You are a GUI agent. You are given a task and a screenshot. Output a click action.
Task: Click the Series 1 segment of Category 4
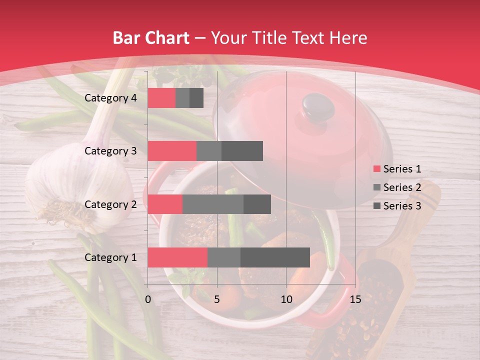tap(161, 98)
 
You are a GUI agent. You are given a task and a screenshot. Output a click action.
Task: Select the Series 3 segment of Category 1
tap(275, 257)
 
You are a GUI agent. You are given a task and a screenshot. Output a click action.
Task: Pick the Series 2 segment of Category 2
tap(213, 204)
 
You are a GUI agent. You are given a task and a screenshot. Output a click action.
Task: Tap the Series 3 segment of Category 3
tap(242, 151)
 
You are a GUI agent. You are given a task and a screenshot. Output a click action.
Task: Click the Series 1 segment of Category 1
tap(177, 257)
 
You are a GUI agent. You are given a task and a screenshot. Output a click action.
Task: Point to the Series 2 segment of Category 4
tap(182, 98)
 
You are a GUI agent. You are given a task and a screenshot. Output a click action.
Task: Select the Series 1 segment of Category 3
tap(172, 151)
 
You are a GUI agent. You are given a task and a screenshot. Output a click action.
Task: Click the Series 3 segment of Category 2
tap(257, 204)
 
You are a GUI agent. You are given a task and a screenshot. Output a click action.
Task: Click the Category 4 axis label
tap(110, 98)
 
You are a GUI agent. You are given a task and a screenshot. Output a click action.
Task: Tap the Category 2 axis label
tap(110, 204)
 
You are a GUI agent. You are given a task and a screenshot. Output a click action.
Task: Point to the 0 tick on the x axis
tap(148, 299)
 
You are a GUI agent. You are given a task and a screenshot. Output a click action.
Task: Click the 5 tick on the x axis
tap(217, 299)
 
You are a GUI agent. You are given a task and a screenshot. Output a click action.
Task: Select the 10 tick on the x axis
tap(286, 299)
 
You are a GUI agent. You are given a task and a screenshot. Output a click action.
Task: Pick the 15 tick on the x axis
tap(355, 299)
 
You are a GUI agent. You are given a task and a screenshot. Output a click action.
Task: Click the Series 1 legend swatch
tap(376, 169)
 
